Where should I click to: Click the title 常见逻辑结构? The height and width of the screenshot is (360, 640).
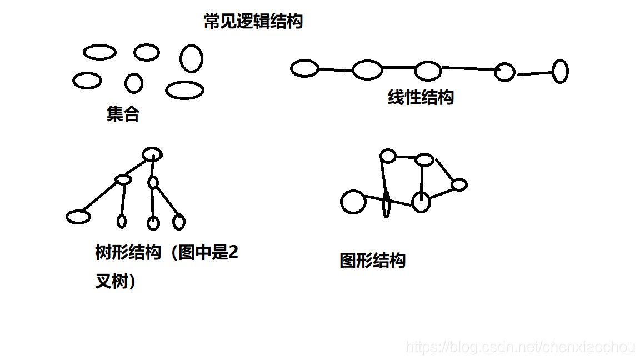pyautogui.click(x=253, y=22)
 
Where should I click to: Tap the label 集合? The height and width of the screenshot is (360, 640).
pyautogui.click(x=123, y=114)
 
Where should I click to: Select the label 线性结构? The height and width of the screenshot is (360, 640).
pyautogui.click(x=421, y=97)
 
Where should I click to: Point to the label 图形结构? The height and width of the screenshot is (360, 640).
pyautogui.click(x=372, y=261)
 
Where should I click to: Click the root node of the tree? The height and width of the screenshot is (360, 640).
pyautogui.click(x=152, y=154)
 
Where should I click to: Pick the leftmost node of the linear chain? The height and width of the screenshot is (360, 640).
pyautogui.click(x=304, y=68)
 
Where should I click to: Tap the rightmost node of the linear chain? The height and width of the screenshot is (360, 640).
pyautogui.click(x=559, y=71)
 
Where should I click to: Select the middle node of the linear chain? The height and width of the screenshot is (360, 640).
pyautogui.click(x=427, y=71)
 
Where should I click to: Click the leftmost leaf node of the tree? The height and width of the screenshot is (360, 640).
pyautogui.click(x=78, y=217)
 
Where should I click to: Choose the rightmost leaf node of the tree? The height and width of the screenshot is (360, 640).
pyautogui.click(x=178, y=222)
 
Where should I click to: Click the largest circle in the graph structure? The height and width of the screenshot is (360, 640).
pyautogui.click(x=353, y=202)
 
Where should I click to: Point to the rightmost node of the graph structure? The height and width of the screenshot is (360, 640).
pyautogui.click(x=459, y=184)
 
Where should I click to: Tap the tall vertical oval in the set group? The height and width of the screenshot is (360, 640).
pyautogui.click(x=191, y=58)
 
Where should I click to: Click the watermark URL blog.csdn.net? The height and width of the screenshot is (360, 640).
pyautogui.click(x=521, y=347)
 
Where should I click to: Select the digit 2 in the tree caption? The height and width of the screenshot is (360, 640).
pyautogui.click(x=233, y=253)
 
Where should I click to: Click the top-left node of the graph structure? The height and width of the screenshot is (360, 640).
pyautogui.click(x=388, y=156)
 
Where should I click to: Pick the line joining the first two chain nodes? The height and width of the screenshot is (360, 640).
pyautogui.click(x=336, y=70)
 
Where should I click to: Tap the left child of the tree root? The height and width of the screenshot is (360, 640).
pyautogui.click(x=123, y=179)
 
